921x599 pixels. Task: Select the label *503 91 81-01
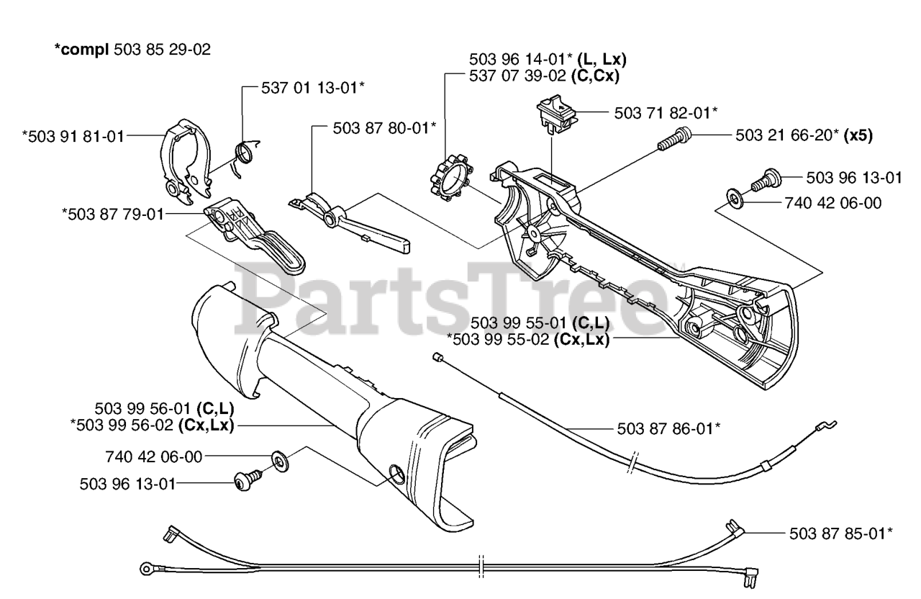73,135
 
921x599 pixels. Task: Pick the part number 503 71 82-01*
666,113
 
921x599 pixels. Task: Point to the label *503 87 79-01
113,213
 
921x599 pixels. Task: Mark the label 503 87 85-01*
841,533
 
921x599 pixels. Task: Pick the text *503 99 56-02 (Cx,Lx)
152,425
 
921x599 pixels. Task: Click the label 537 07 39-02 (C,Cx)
544,75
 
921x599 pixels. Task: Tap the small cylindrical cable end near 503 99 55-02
436,357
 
